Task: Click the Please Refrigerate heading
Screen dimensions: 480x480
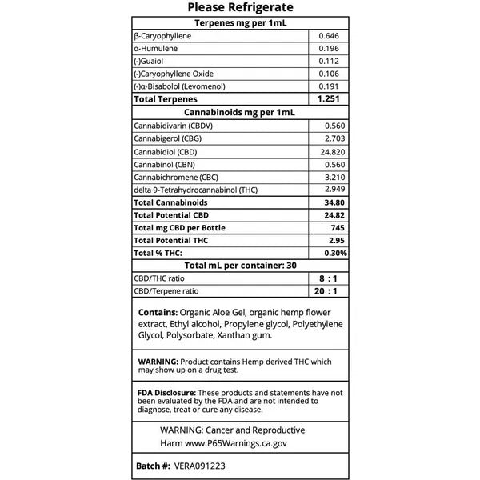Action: click(239, 8)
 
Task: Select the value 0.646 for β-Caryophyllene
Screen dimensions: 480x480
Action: click(330, 37)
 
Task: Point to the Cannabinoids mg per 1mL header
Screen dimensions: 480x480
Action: click(240, 113)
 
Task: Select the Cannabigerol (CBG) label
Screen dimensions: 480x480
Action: click(167, 139)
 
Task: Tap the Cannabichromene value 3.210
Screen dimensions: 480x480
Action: click(335, 177)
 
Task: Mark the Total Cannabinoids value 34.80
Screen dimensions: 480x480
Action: click(334, 202)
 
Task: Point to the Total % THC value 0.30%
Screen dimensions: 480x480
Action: click(334, 253)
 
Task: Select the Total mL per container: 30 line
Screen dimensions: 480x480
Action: click(240, 266)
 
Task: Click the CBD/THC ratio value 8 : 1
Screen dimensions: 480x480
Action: click(327, 278)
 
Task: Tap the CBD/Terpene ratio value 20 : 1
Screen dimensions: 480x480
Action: click(327, 291)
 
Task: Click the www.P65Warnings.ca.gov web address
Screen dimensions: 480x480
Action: click(236, 442)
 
